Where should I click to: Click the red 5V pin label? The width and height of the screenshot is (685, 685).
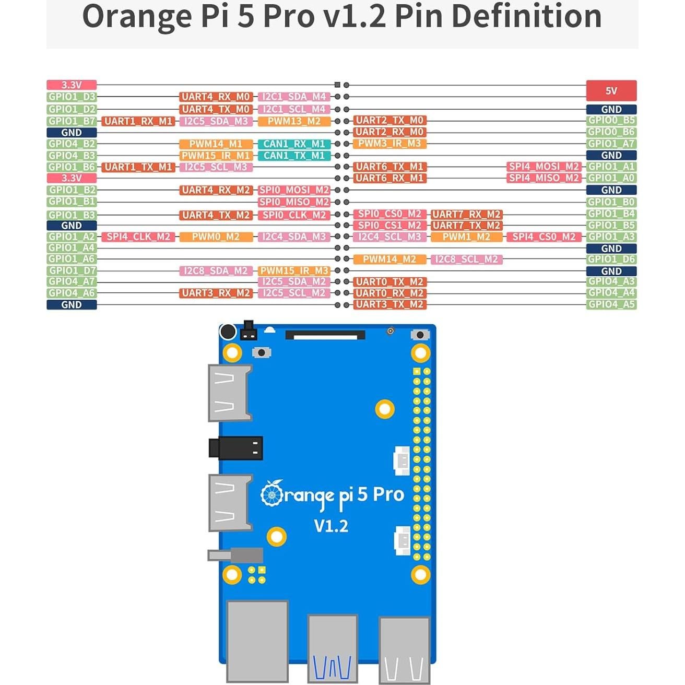611,91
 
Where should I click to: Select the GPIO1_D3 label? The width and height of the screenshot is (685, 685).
72,97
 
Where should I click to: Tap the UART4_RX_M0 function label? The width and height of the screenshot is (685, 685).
216,97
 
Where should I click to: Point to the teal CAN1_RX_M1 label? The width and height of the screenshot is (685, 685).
294,144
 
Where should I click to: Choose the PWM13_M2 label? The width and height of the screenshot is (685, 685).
294,121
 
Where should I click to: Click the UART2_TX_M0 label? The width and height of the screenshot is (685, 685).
389,120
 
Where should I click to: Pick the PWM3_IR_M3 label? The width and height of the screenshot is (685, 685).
389,143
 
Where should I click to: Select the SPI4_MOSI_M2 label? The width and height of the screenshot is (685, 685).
544,167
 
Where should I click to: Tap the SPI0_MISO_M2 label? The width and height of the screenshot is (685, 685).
294,202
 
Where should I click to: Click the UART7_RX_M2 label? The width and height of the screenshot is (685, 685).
466,214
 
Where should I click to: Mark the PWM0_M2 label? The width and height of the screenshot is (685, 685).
216,237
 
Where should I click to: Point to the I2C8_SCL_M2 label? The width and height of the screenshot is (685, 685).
466,259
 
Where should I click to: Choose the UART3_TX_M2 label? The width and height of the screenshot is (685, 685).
389,304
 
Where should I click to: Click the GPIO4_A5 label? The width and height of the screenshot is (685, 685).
611,304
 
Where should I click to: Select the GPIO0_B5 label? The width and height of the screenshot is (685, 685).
611,120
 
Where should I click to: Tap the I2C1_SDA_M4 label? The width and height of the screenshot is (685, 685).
294,97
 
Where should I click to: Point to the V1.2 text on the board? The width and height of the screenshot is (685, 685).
331,525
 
